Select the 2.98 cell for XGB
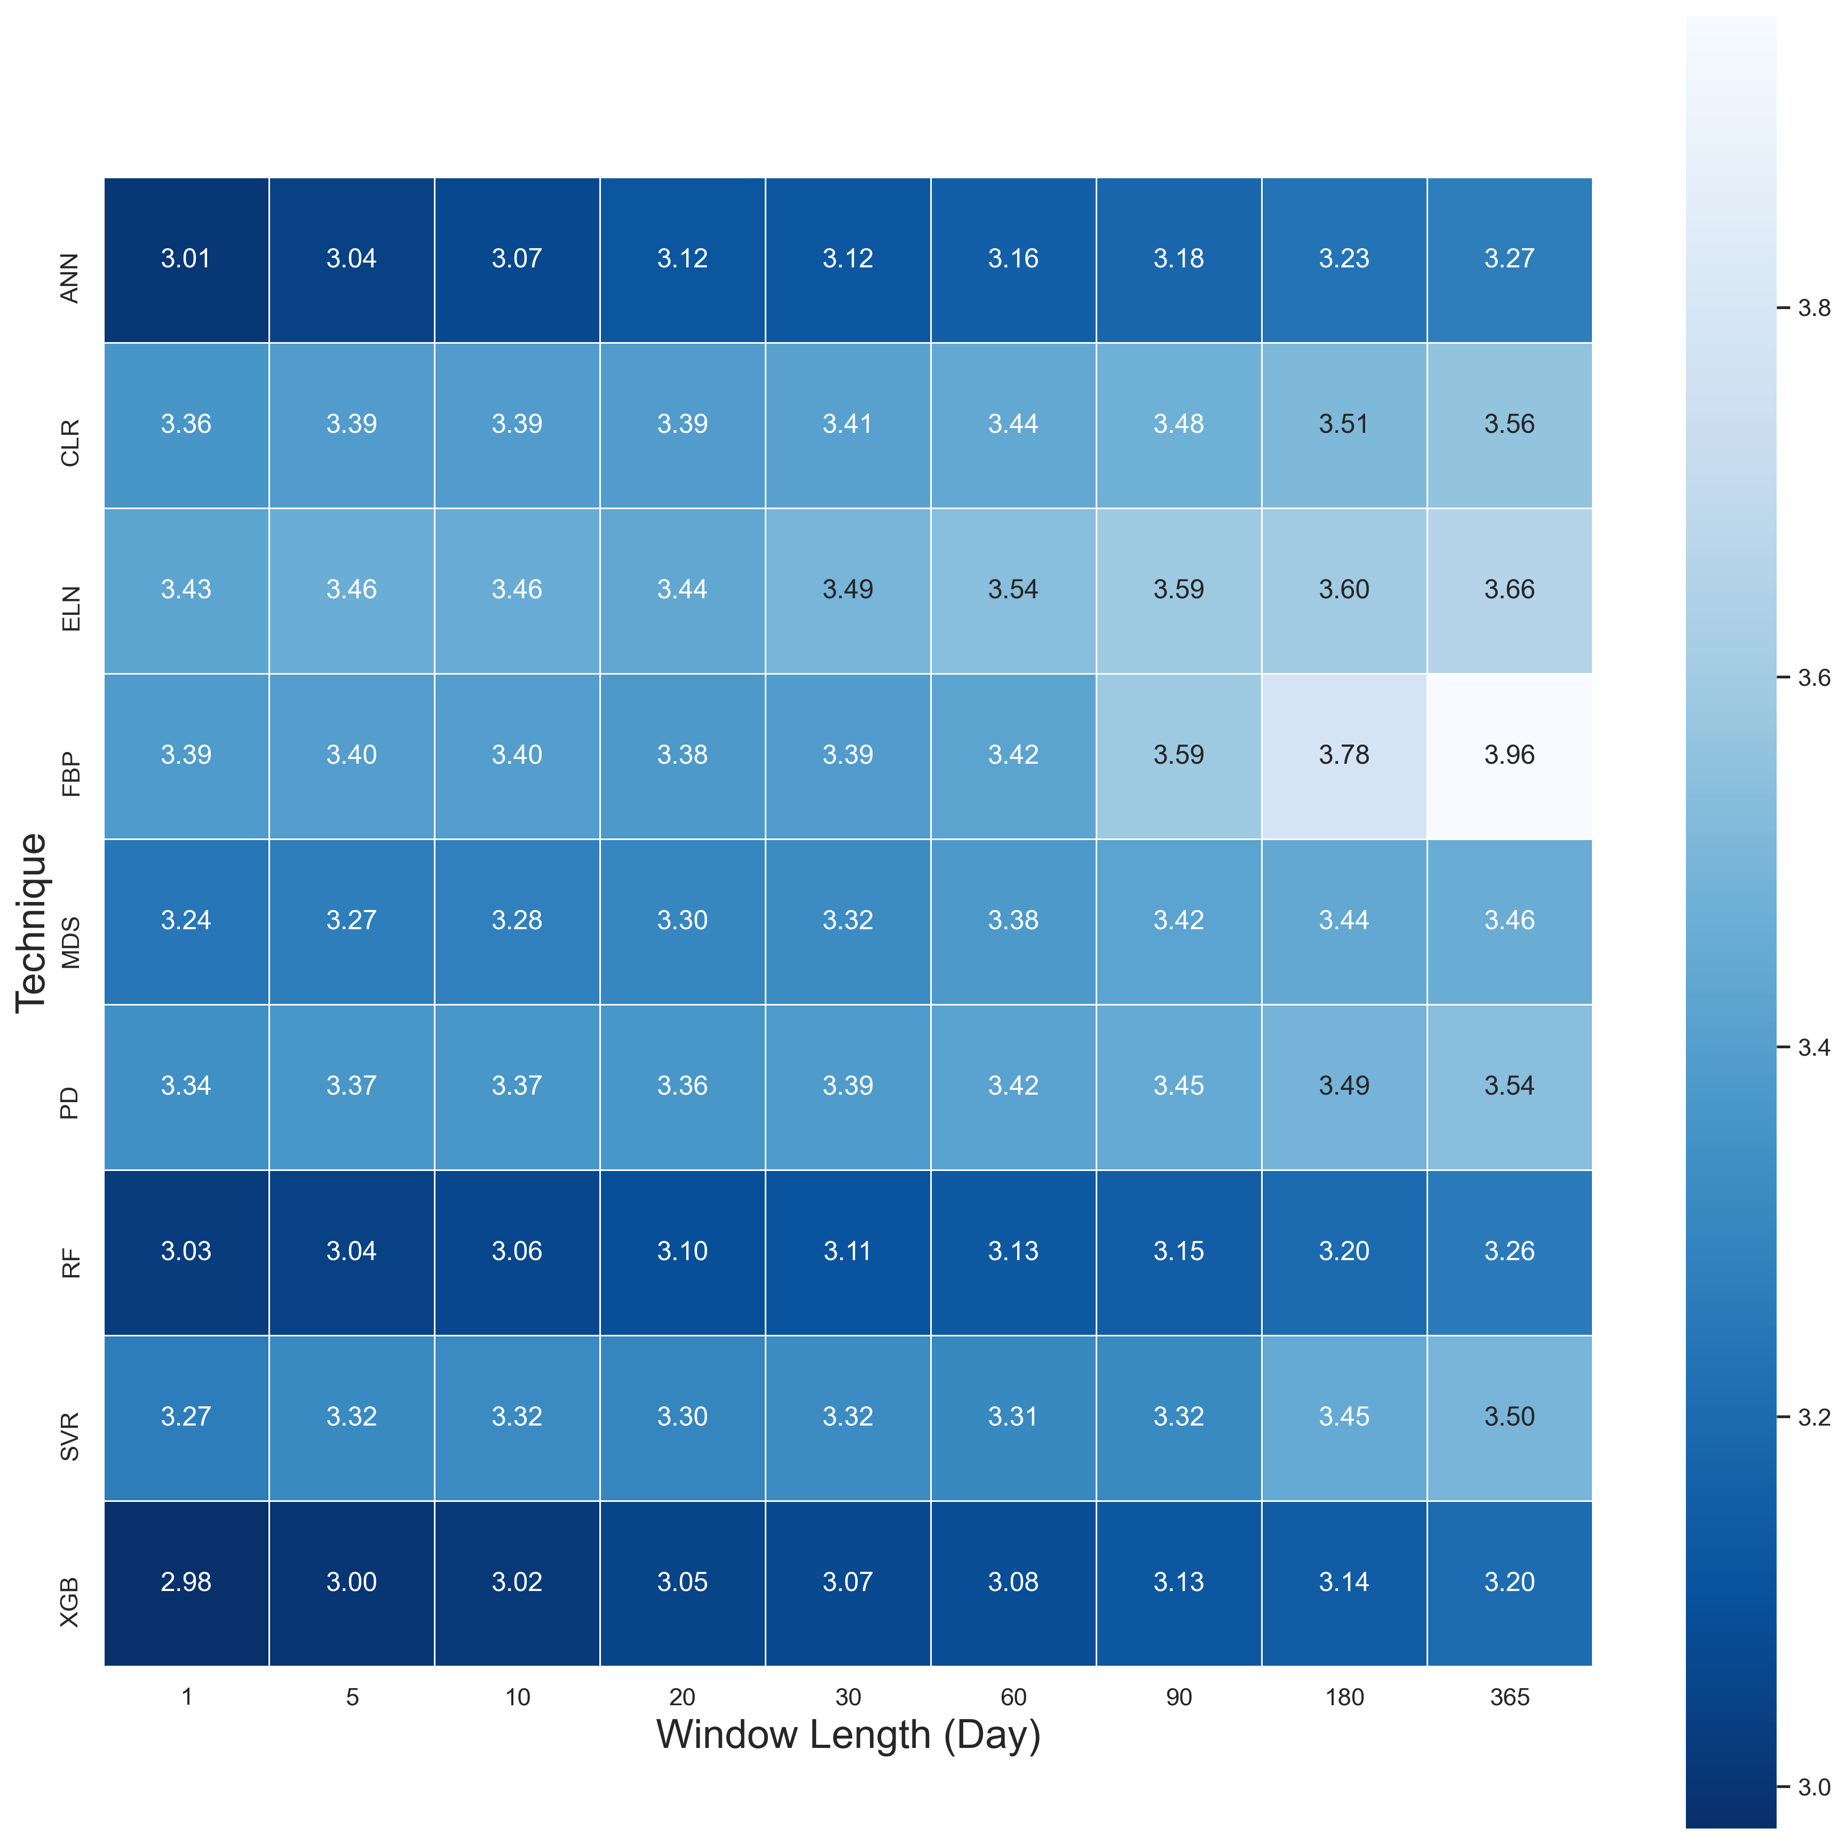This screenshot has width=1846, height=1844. pyautogui.click(x=186, y=1582)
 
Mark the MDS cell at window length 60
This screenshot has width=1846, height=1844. pyautogui.click(x=1013, y=920)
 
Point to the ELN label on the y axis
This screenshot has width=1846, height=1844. pyautogui.click(x=70, y=608)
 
